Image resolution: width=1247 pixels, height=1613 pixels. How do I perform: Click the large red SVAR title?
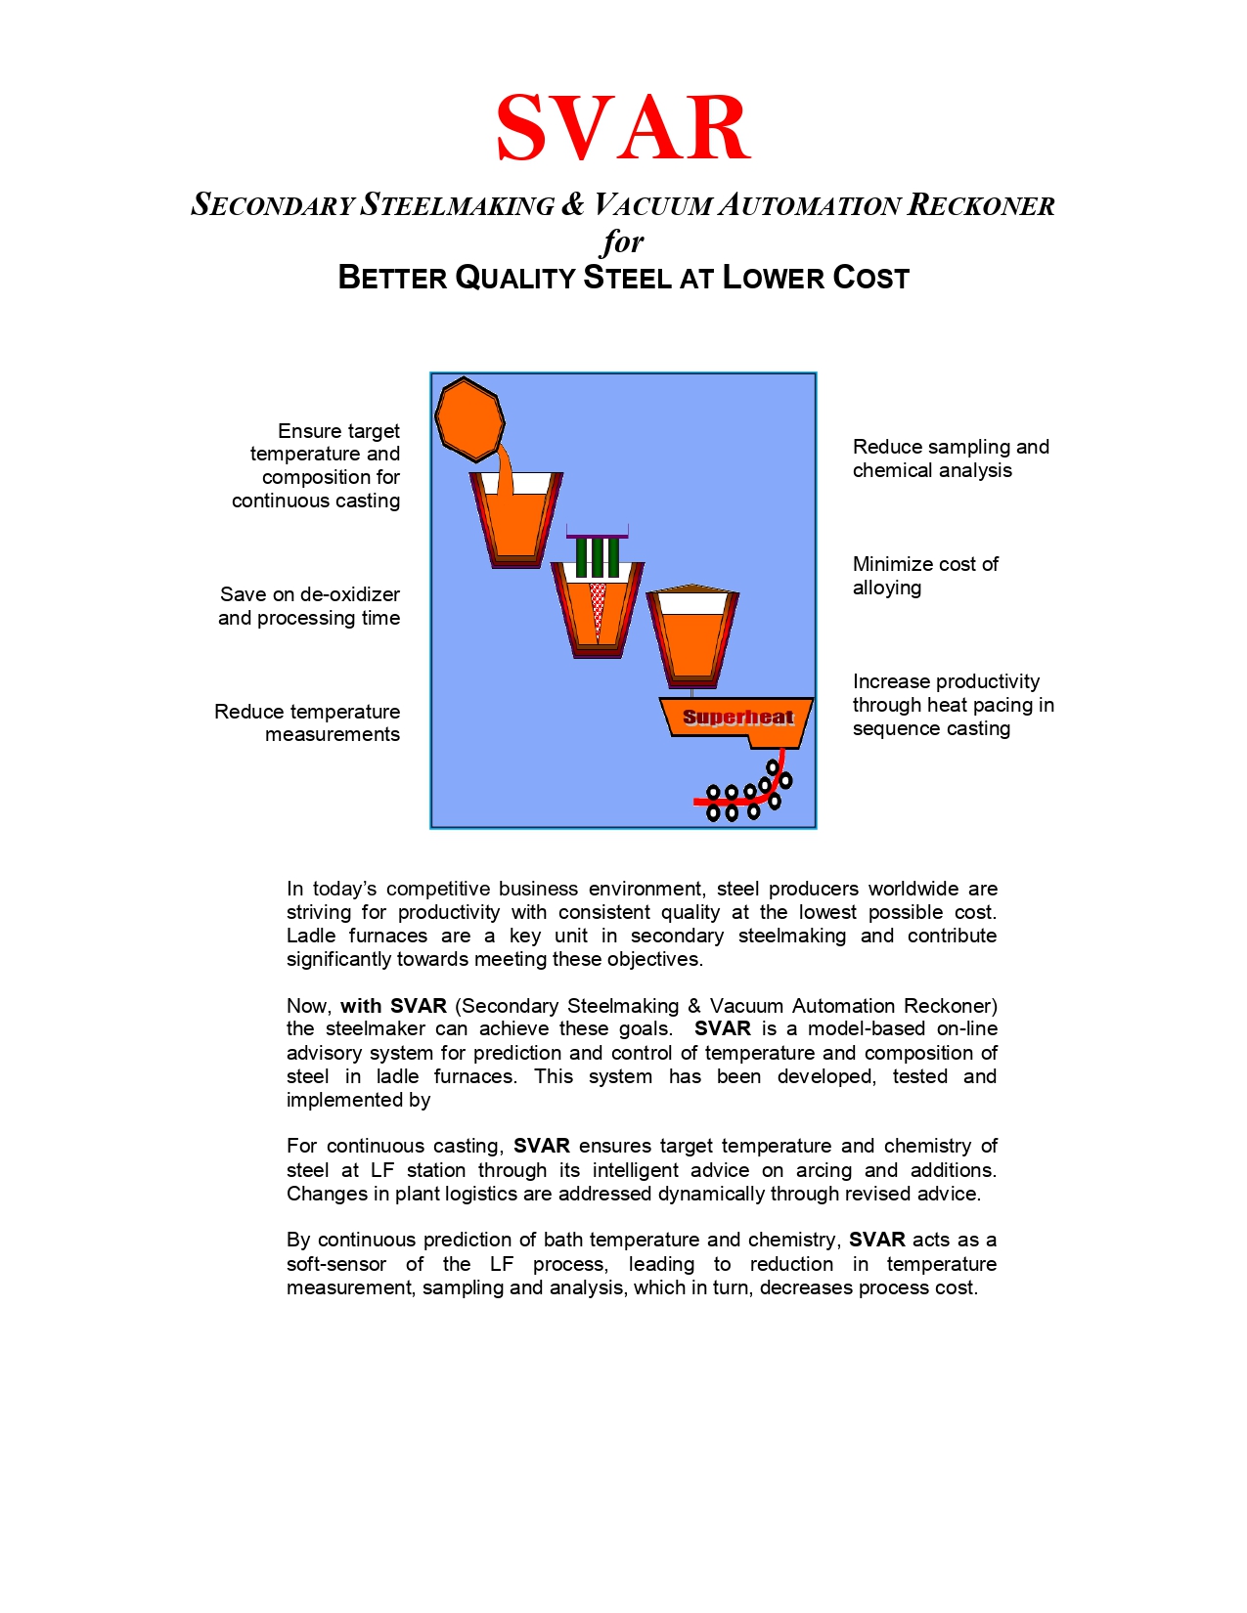coord(623,129)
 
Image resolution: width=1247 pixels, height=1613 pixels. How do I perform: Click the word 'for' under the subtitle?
coord(623,240)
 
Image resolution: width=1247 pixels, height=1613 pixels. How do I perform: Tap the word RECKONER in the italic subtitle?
coord(981,205)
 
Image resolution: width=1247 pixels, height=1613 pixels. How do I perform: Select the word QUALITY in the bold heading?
coord(515,278)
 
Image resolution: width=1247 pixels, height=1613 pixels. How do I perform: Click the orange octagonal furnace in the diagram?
coord(469,418)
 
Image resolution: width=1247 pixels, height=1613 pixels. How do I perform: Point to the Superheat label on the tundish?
coord(737,718)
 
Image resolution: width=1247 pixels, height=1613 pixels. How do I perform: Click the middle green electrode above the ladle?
coord(598,557)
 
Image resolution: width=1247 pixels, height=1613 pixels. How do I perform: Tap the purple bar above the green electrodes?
coord(598,535)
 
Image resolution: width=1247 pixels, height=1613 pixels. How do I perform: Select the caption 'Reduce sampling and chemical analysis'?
coord(950,458)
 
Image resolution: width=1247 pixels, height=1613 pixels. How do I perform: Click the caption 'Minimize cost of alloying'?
coord(924,576)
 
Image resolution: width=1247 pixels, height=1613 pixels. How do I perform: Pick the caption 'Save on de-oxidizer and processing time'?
coord(309,606)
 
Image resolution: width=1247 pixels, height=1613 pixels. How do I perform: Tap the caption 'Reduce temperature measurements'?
coord(307,722)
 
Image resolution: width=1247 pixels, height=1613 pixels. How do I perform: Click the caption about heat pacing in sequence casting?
coord(953,705)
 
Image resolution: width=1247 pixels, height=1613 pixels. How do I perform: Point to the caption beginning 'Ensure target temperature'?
coord(316,465)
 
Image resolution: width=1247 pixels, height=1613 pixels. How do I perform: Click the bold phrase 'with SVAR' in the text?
coord(393,1006)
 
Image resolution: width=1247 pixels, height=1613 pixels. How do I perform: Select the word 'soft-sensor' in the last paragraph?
coord(335,1264)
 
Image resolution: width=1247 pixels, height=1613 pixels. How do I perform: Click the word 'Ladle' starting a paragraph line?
coord(310,936)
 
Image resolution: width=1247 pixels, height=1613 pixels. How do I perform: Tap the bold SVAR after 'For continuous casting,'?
coord(541,1146)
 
